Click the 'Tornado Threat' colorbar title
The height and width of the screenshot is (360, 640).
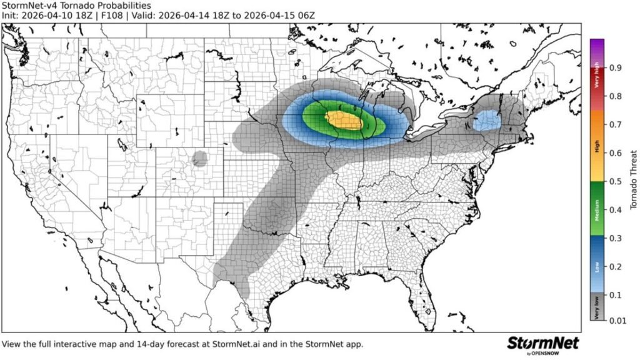[x=632, y=180]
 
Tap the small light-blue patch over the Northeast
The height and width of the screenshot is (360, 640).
[x=486, y=120]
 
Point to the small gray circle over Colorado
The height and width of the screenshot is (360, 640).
[x=200, y=158]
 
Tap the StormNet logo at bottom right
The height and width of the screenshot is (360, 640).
[x=542, y=344]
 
